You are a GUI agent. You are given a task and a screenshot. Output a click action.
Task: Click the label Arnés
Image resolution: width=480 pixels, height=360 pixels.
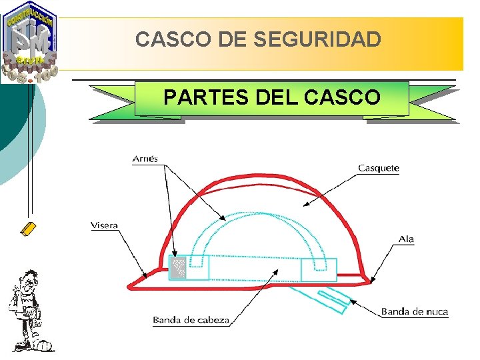[145, 159]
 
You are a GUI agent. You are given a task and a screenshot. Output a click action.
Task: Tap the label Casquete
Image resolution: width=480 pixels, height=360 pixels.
[379, 168]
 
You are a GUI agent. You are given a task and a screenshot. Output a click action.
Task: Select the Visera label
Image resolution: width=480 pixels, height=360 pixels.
[104, 225]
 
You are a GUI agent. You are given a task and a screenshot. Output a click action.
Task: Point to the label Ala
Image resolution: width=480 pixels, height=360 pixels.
[406, 239]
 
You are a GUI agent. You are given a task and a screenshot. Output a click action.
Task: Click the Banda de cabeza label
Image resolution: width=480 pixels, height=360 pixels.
[191, 320]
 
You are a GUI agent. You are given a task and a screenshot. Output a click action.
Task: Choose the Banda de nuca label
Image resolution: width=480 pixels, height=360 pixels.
[414, 311]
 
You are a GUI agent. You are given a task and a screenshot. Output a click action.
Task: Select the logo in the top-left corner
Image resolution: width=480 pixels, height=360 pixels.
[31, 41]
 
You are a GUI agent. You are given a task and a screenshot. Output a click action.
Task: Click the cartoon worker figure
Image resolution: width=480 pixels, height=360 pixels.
[27, 309]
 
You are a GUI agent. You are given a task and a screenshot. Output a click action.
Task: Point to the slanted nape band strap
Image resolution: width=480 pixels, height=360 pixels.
[323, 297]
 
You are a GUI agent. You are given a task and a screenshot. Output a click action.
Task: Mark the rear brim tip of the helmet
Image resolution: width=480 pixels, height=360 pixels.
[366, 279]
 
